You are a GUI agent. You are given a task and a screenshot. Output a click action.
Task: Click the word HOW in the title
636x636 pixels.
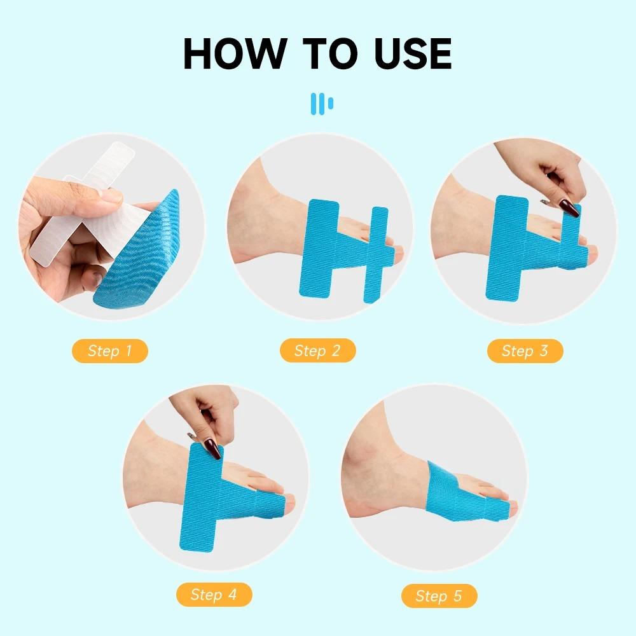(x=235, y=53)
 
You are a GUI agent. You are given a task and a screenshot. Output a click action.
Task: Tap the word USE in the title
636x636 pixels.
(x=413, y=53)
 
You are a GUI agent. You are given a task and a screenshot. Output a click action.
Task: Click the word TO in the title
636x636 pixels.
(x=330, y=53)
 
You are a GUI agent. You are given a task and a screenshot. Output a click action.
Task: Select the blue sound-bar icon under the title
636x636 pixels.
(x=322, y=104)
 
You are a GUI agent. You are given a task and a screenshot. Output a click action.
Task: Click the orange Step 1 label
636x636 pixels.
(x=110, y=351)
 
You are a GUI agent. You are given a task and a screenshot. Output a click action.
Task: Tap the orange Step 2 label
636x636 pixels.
(x=317, y=350)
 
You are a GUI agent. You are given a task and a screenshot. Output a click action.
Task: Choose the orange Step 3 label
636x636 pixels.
(x=525, y=351)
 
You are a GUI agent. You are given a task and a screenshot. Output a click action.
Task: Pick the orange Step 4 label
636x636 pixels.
(x=214, y=595)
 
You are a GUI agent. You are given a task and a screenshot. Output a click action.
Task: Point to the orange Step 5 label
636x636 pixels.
(x=439, y=596)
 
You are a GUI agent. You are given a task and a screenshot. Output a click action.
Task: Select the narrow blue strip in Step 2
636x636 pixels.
(x=376, y=255)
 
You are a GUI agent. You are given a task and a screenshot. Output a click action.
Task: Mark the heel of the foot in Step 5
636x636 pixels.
(x=357, y=499)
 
